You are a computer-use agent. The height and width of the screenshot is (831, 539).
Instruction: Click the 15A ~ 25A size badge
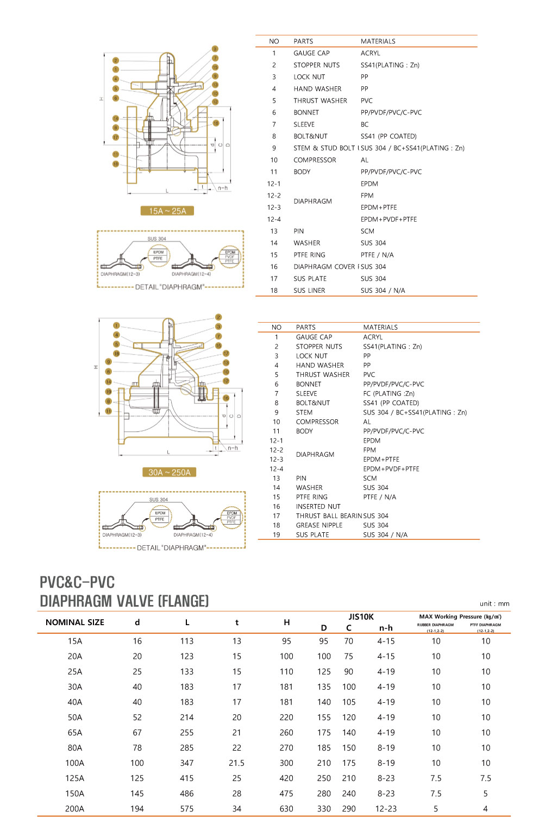(x=167, y=211)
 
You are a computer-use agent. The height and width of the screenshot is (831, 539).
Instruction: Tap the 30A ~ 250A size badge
(x=169, y=472)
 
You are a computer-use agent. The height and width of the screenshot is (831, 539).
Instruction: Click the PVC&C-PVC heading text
(x=77, y=582)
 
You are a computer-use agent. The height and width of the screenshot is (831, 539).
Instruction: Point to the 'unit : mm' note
(x=494, y=603)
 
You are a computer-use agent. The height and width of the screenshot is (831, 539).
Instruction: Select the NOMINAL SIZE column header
(x=75, y=622)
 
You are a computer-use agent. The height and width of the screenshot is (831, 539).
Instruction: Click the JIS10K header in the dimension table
(x=361, y=616)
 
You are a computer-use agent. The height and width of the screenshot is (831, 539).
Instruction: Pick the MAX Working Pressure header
(x=460, y=616)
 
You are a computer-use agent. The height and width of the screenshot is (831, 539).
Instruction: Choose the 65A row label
(x=75, y=733)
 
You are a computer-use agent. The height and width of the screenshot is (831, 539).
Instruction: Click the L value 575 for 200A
(x=187, y=809)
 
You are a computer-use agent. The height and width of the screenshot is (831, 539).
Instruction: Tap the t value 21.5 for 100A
(x=236, y=763)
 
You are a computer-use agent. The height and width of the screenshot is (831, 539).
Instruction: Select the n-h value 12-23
(x=386, y=809)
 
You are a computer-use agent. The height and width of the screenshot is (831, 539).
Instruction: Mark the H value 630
(x=286, y=809)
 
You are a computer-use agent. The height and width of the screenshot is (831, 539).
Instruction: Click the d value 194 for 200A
(x=137, y=809)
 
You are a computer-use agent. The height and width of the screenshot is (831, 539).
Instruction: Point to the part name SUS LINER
(x=309, y=291)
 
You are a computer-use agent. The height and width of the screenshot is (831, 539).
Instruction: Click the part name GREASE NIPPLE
(x=319, y=525)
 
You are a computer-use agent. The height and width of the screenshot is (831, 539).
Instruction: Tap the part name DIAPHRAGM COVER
(x=325, y=267)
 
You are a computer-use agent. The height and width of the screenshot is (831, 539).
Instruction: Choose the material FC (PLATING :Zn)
(x=388, y=393)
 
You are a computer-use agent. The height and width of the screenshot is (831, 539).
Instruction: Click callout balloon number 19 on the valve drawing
(x=109, y=391)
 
